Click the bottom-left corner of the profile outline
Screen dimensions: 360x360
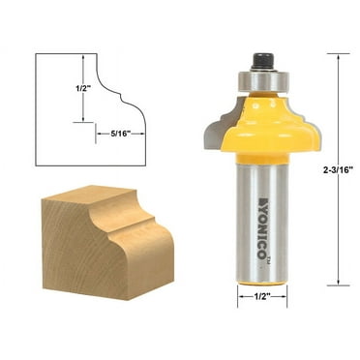point(37,165)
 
